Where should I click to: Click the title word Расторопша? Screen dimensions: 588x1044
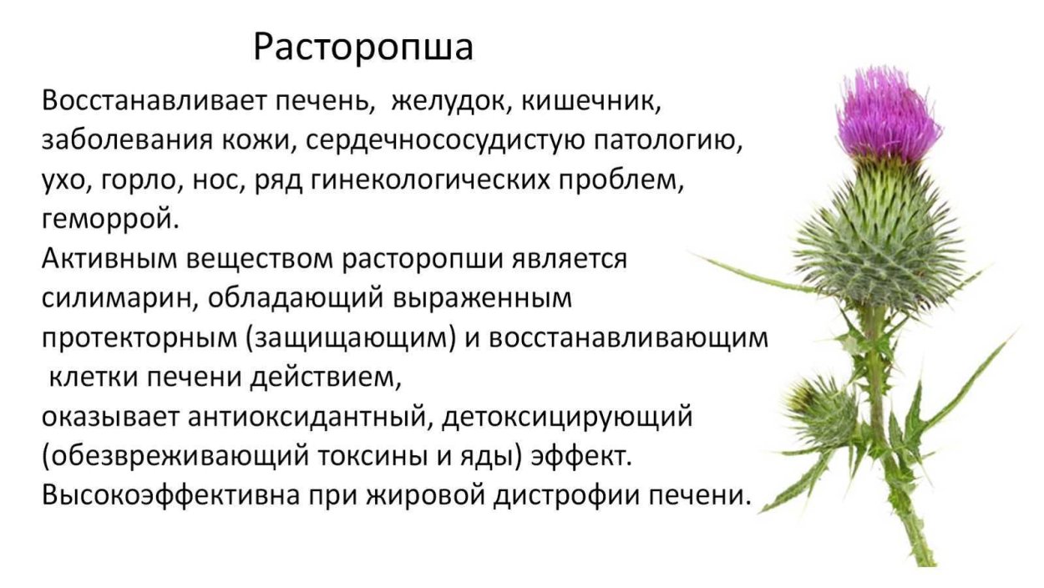pos(363,48)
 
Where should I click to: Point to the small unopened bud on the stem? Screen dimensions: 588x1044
pos(823,409)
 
